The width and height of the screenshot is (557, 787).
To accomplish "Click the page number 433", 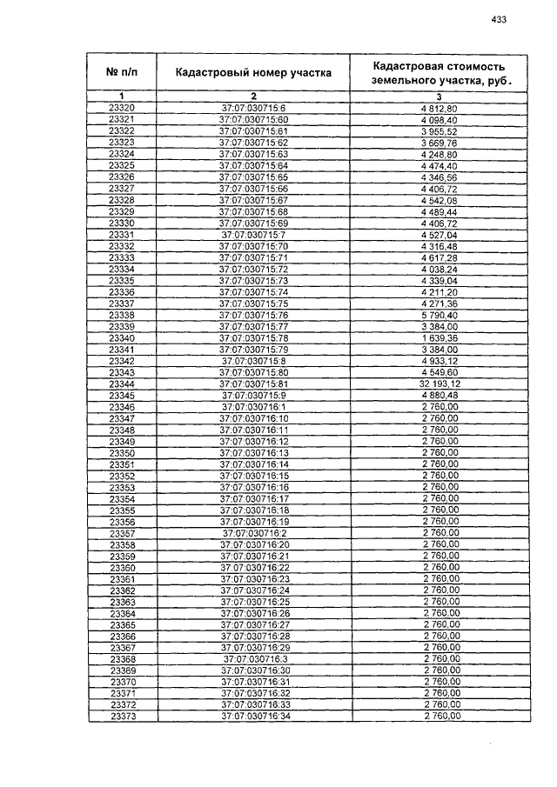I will tap(499, 19).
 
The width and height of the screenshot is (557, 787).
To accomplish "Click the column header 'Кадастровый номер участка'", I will tap(253, 73).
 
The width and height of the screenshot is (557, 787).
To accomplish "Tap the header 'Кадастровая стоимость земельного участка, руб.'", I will tap(439, 73).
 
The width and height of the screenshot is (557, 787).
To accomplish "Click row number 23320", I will tap(122, 108).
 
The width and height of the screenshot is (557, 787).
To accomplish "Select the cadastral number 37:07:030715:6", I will tap(253, 108).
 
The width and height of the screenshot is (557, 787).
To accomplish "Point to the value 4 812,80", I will tap(439, 108).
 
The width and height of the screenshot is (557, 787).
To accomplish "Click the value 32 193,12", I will tap(439, 383).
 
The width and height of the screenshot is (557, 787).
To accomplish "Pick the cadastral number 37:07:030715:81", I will tap(253, 383).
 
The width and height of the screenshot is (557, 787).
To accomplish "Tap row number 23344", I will tap(122, 383).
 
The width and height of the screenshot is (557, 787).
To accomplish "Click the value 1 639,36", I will tap(439, 337).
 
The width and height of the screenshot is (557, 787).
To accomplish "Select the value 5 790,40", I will tap(439, 315).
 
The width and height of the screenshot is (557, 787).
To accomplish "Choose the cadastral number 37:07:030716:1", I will tap(253, 406).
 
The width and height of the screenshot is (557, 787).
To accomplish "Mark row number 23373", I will tap(122, 716).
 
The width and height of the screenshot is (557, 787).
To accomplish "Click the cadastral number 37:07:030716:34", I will tap(253, 716).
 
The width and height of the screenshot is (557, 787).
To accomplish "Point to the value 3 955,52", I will tap(439, 130).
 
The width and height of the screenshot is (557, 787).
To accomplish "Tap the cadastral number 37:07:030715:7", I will tap(253, 235).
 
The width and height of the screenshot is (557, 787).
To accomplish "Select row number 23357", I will tap(122, 532).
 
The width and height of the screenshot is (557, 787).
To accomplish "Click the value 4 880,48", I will tap(439, 395).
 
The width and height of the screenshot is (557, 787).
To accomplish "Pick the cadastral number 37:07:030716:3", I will tap(253, 658).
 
